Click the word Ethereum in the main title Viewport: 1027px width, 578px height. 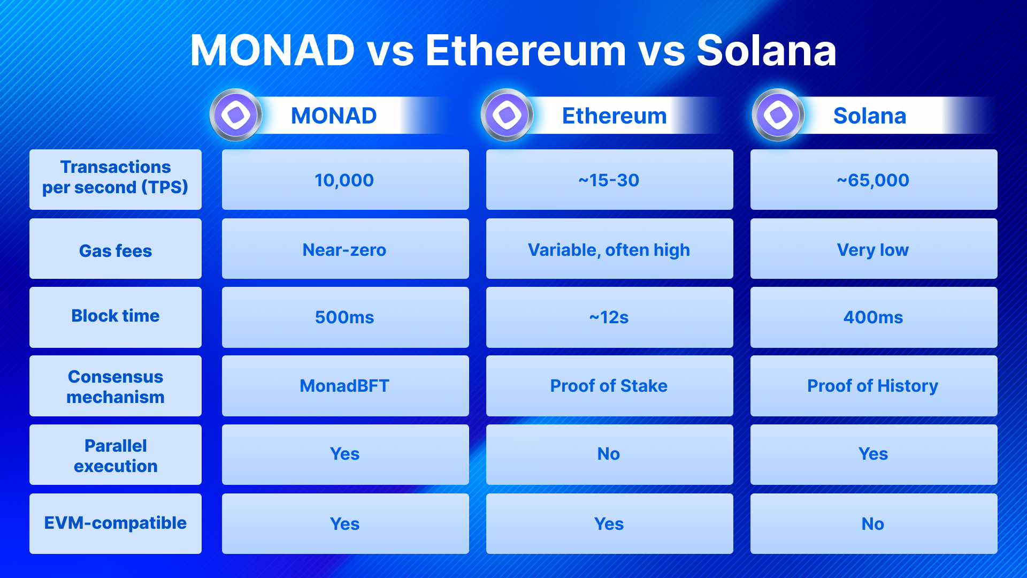click(x=525, y=51)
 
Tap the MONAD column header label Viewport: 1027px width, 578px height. click(x=334, y=116)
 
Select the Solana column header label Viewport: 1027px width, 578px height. click(x=870, y=116)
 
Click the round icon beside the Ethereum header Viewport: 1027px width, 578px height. click(x=507, y=115)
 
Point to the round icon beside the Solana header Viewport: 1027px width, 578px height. click(x=778, y=115)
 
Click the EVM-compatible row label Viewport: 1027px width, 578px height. click(x=116, y=523)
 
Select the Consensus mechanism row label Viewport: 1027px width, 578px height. click(x=116, y=386)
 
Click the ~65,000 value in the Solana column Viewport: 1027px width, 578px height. click(x=874, y=179)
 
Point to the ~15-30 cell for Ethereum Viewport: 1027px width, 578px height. click(x=610, y=179)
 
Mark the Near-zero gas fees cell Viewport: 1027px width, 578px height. click(x=346, y=248)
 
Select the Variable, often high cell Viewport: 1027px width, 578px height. click(x=610, y=248)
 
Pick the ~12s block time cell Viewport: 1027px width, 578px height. click(x=610, y=317)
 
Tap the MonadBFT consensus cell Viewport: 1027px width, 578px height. click(x=346, y=386)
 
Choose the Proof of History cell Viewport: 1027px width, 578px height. click(x=874, y=386)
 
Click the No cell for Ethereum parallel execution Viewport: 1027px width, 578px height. click(x=610, y=454)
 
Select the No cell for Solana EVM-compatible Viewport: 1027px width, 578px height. click(x=874, y=523)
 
